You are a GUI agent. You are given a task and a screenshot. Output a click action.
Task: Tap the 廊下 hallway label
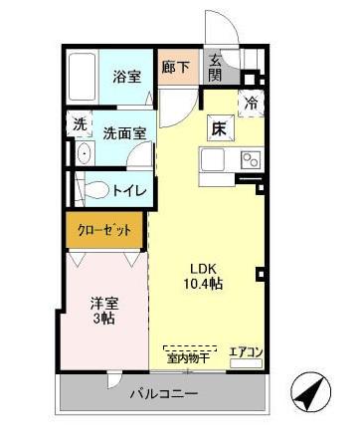pyautogui.click(x=178, y=67)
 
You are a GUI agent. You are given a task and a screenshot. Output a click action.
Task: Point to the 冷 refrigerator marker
pyautogui.click(x=252, y=101)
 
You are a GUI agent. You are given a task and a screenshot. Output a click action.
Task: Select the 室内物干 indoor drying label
pyautogui.click(x=187, y=356)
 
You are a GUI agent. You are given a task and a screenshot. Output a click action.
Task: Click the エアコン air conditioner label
pyautogui.click(x=246, y=351)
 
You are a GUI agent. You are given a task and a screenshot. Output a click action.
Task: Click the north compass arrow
pyautogui.click(x=311, y=392)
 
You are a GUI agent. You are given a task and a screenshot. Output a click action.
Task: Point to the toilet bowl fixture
pyautogui.click(x=93, y=189)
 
